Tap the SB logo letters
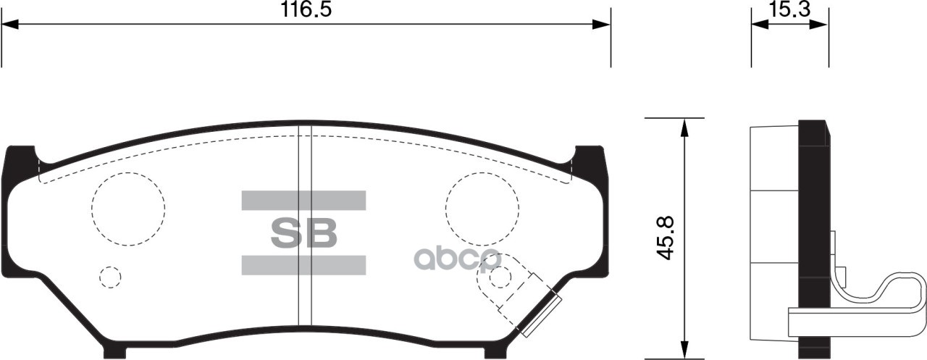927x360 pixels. coord(304,233)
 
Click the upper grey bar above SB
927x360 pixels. coord(303,201)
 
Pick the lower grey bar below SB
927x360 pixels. coord(303,265)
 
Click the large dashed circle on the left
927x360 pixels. coord(128,209)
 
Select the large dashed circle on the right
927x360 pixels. coord(482,209)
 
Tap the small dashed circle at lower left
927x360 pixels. coord(110,277)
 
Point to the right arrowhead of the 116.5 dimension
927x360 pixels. coord(601,25)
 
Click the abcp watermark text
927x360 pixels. coord(456,258)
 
